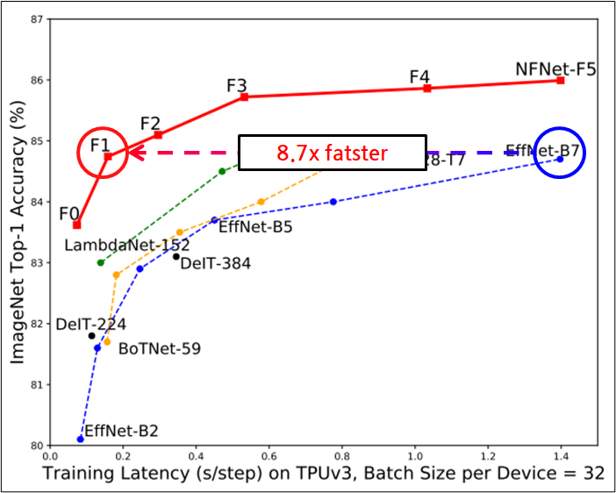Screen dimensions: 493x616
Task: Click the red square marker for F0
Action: tap(77, 225)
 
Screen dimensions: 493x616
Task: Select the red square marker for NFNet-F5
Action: tap(560, 80)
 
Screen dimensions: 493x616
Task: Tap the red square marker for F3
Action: tap(244, 96)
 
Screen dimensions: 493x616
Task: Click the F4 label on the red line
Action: tap(419, 76)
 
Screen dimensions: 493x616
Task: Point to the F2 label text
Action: tap(150, 123)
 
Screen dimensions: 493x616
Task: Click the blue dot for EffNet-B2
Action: tap(80, 439)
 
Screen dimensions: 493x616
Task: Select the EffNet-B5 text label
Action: tap(255, 227)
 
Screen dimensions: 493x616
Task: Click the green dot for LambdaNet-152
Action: tap(100, 262)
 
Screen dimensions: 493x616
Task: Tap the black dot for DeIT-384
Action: tap(176, 256)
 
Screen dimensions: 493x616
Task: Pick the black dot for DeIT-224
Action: tap(91, 335)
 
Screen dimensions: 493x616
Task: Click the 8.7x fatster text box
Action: tap(333, 153)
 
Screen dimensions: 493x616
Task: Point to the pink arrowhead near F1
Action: tap(133, 152)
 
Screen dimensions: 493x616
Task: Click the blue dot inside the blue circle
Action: tap(560, 159)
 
